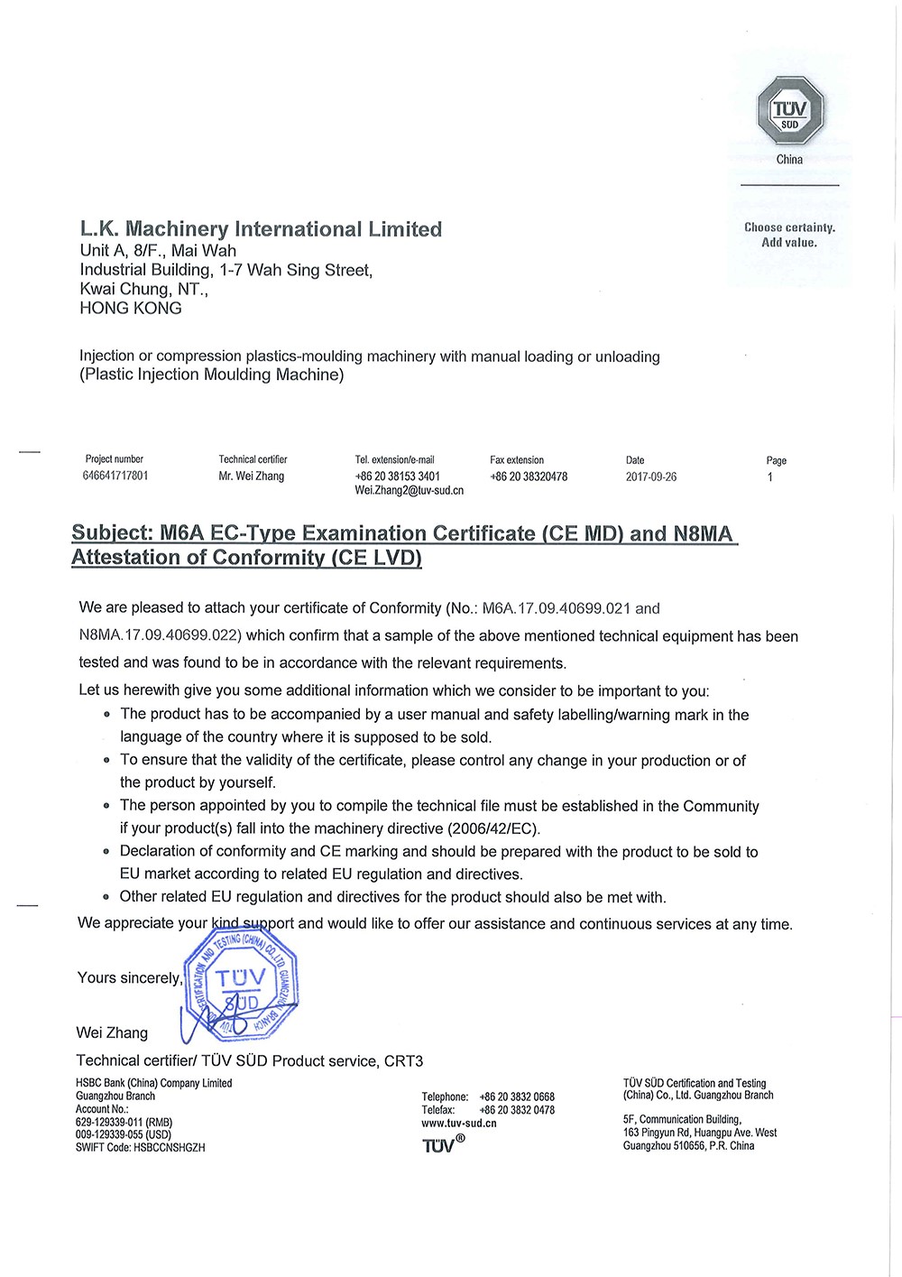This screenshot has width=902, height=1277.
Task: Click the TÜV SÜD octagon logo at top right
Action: pos(790,111)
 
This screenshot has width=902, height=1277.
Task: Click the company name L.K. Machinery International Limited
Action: pos(261,229)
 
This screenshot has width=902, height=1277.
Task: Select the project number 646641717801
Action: pos(115,476)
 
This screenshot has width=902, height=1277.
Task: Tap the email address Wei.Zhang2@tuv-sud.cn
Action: pos(409,491)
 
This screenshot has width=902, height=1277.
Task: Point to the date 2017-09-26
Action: pos(650,477)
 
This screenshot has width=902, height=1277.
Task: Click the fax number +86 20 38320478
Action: pos(529,477)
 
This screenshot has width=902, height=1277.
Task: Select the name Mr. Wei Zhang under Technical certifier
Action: pos(251,477)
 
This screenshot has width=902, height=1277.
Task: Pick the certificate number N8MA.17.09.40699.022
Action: pos(161,636)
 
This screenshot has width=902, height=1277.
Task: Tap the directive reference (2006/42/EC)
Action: pos(493,828)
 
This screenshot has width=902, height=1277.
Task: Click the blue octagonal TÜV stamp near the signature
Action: pos(240,984)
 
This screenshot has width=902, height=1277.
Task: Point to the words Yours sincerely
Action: pos(129,978)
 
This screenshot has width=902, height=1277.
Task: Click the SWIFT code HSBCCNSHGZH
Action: pos(170,1148)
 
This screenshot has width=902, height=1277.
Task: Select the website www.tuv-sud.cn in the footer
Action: pos(458,1124)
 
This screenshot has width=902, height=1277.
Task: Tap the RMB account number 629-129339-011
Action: pos(112,1122)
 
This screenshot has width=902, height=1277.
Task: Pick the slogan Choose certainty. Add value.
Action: pos(789,235)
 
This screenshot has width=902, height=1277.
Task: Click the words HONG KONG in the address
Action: pos(131,309)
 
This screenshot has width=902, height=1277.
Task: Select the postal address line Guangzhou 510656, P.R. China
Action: pos(688,1146)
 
